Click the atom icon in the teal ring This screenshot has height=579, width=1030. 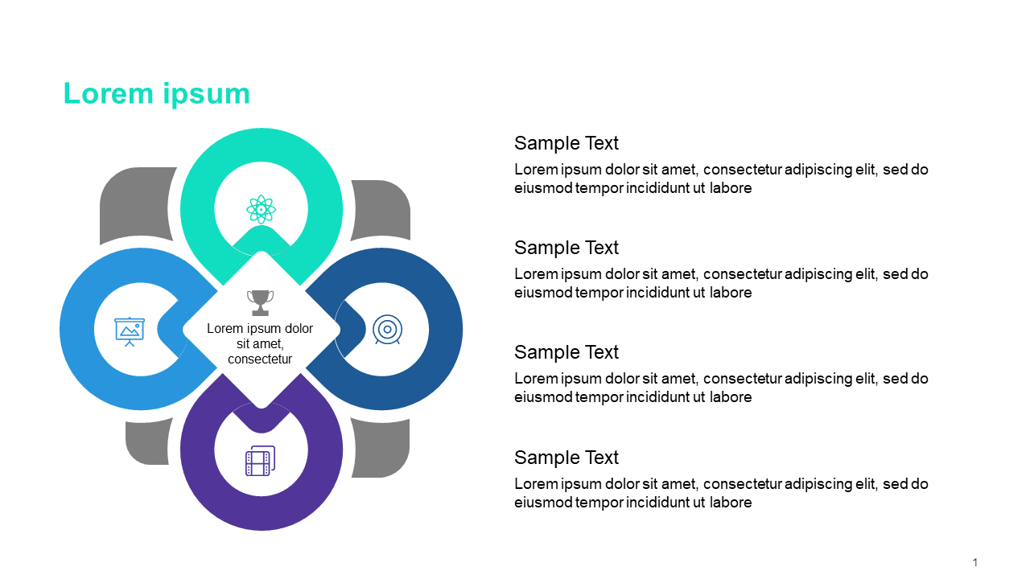click(261, 210)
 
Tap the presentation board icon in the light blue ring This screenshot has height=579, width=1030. click(130, 331)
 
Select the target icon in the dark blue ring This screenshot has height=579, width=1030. click(387, 330)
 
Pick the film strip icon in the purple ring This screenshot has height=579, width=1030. click(260, 461)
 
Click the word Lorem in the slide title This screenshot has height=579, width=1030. click(108, 94)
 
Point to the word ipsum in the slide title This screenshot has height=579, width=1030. click(207, 95)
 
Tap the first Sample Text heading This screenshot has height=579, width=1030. click(566, 143)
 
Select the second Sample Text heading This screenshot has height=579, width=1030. click(566, 248)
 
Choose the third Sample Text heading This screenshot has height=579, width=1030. click(566, 352)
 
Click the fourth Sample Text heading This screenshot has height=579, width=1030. click(566, 458)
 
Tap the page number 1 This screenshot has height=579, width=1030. click(974, 562)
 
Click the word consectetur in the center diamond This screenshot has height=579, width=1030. click(260, 359)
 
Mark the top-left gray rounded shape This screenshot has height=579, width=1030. click(138, 205)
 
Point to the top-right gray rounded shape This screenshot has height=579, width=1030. click(381, 210)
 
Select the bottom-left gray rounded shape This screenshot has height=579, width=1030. click(148, 442)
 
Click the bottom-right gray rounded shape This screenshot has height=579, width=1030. click(381, 449)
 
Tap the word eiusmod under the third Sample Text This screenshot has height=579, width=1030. click(543, 397)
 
